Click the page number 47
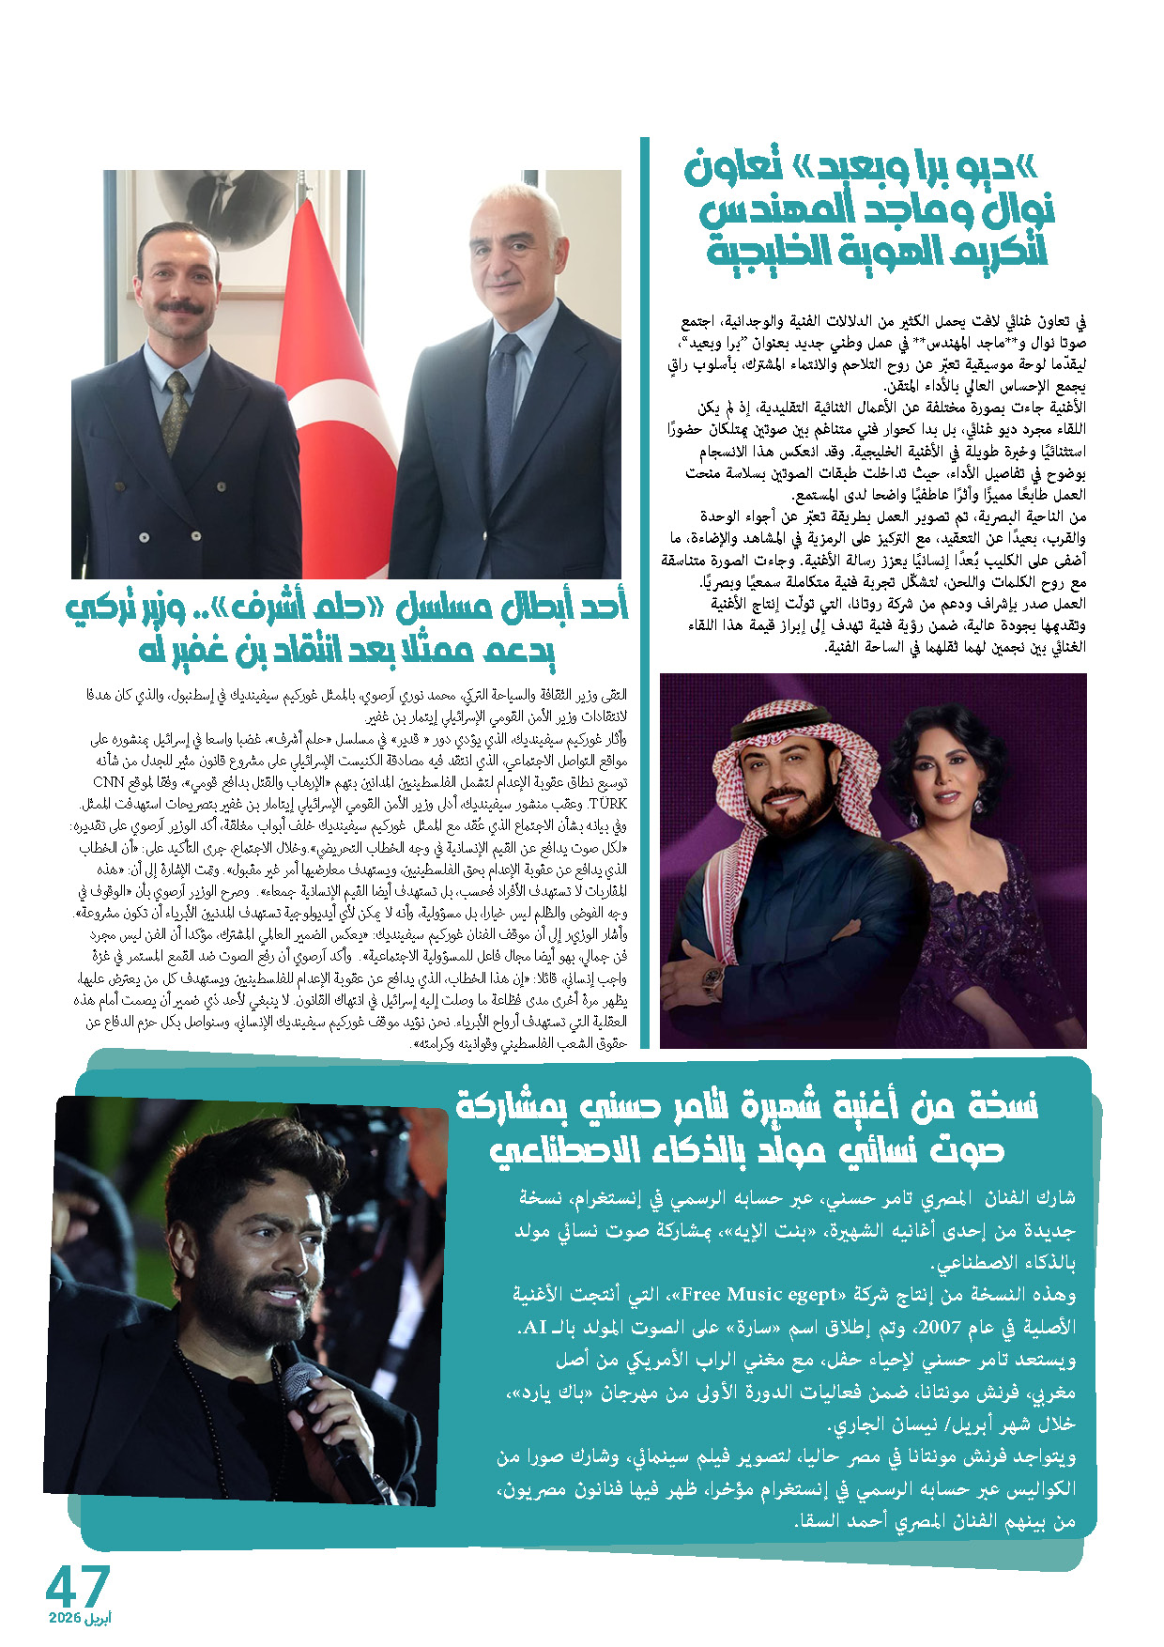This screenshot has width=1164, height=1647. click(x=78, y=1585)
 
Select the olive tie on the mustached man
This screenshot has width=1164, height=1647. click(x=175, y=413)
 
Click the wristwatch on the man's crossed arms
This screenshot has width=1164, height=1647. click(x=713, y=980)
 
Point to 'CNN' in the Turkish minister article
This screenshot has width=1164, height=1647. click(x=109, y=782)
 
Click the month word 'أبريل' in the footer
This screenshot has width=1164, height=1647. click(x=98, y=1619)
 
